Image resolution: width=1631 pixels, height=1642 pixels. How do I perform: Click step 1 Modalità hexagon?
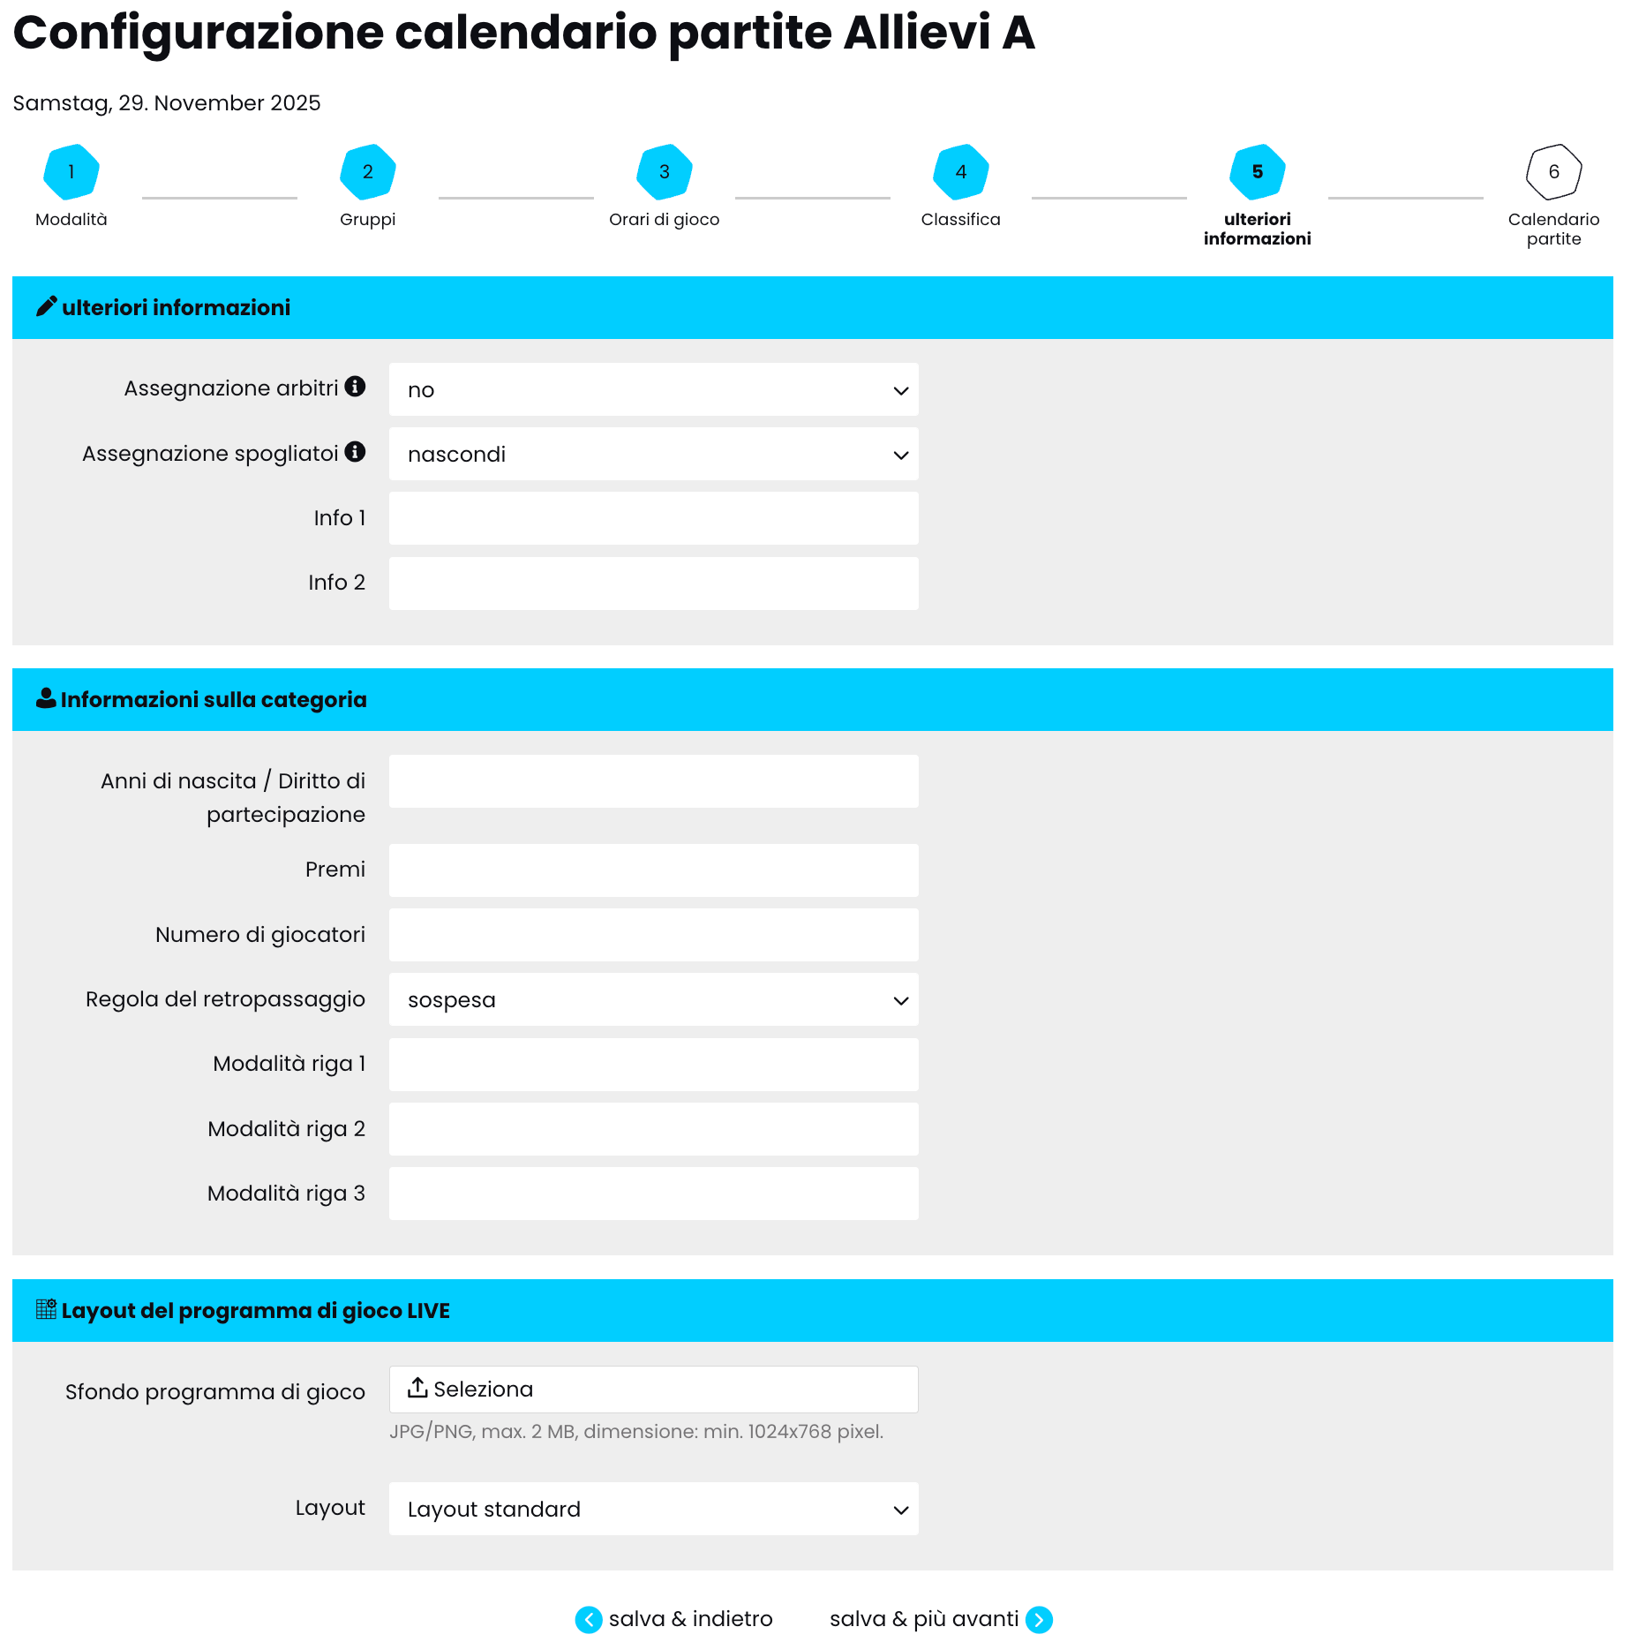tap(71, 171)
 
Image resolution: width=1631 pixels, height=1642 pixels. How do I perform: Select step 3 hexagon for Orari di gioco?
tap(665, 171)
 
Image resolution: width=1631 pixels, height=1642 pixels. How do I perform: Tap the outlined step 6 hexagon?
tap(1553, 171)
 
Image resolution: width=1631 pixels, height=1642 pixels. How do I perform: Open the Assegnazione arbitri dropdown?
tap(653, 389)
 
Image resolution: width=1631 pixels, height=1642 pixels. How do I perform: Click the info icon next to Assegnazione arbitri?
tap(355, 387)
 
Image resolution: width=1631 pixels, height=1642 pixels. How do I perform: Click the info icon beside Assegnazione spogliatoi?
tap(355, 452)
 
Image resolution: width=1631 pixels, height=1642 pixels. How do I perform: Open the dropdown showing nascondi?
tap(653, 455)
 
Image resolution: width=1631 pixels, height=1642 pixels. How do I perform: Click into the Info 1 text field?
tap(653, 518)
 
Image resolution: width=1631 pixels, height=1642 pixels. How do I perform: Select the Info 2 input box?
tap(653, 583)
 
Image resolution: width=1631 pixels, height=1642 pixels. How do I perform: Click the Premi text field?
tap(653, 870)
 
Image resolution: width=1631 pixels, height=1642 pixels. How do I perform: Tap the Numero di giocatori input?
tap(653, 935)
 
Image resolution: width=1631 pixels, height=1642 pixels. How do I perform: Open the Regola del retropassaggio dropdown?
tap(653, 999)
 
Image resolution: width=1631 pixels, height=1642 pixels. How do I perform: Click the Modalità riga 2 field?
tap(653, 1129)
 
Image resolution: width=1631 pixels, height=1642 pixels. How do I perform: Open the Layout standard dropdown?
tap(653, 1509)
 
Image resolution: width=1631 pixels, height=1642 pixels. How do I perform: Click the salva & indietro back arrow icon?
tap(589, 1620)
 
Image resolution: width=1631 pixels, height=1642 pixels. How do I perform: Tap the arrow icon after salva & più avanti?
tap(1039, 1620)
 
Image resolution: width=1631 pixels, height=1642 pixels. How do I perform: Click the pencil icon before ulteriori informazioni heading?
tap(46, 306)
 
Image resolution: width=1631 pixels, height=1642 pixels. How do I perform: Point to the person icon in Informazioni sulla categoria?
tap(46, 698)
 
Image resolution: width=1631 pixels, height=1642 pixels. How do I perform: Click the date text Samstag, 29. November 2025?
tap(167, 103)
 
